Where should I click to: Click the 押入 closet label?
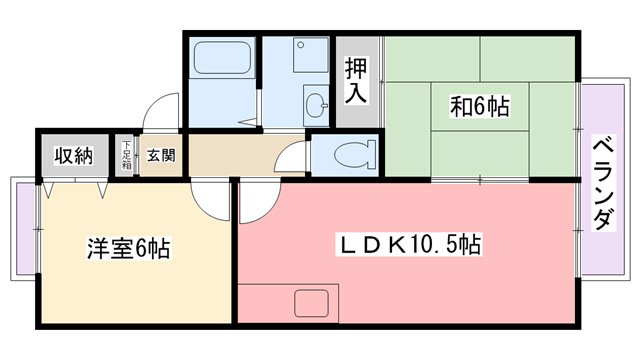click(357, 81)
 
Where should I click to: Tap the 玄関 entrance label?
click(161, 155)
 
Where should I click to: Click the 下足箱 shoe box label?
click(127, 155)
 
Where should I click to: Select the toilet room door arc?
click(293, 158)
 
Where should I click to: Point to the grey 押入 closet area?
click(357, 110)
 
